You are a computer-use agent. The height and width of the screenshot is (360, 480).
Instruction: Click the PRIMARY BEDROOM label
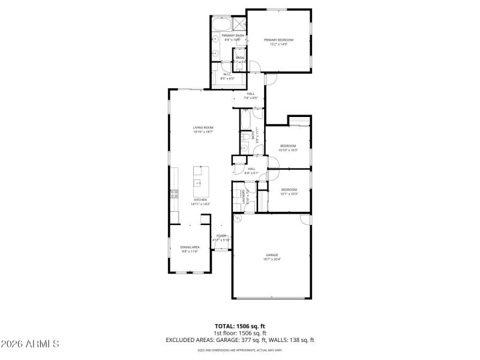tap(278, 40)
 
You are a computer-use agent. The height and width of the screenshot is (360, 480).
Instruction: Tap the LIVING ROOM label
tap(203, 127)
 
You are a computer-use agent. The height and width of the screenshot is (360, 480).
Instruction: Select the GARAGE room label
tap(272, 254)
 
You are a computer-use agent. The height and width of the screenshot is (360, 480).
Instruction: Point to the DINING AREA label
tap(190, 247)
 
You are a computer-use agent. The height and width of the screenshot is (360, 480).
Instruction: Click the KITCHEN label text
tap(200, 200)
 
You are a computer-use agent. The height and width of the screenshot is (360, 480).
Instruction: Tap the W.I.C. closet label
tap(227, 74)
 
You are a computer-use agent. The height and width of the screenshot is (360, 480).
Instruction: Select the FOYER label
tap(221, 236)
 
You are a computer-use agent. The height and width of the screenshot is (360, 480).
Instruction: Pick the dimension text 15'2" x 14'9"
tap(278, 44)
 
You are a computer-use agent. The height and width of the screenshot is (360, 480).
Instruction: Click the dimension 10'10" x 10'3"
tap(289, 150)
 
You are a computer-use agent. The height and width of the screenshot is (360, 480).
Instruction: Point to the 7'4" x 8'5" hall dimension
tap(250, 98)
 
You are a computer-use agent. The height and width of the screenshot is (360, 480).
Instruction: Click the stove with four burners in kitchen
tap(174, 193)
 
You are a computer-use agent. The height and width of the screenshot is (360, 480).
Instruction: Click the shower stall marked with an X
tap(239, 24)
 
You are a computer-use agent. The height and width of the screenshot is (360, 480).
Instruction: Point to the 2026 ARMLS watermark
tap(30, 344)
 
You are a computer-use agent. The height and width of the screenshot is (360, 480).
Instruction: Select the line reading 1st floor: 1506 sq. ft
tap(240, 333)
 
